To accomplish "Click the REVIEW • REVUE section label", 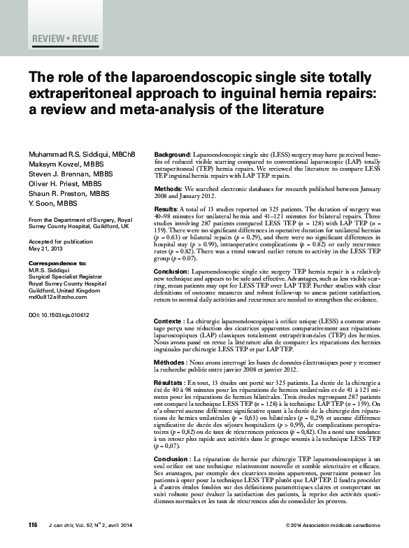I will (66, 38).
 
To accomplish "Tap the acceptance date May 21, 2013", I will (45, 248).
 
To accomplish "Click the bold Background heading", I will (171, 154).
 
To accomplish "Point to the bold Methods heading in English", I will (168, 190).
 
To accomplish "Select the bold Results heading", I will (166, 209).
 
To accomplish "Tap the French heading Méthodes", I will (170, 362).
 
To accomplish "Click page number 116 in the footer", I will (33, 525).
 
